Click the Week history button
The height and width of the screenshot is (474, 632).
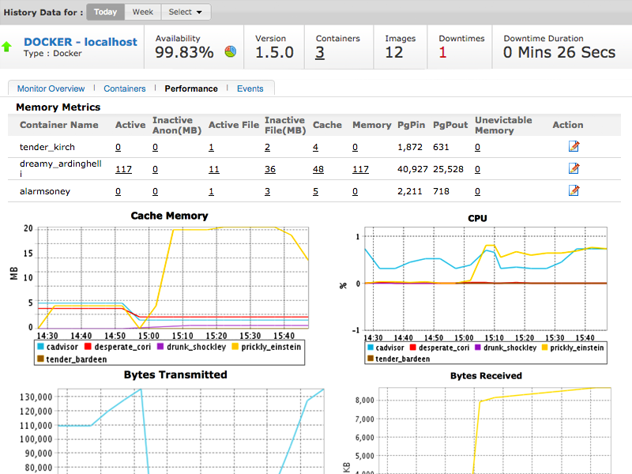(143, 12)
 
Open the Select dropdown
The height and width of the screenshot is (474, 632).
(186, 12)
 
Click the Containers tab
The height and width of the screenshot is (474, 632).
(125, 88)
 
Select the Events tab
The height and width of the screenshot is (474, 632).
(250, 88)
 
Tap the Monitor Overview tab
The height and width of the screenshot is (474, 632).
(51, 88)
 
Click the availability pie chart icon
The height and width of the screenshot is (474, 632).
(231, 51)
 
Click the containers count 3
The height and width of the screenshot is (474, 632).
(320, 52)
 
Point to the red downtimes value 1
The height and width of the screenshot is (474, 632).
(442, 52)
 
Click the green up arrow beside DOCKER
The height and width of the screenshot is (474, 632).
(6, 47)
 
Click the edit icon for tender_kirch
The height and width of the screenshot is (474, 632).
(574, 146)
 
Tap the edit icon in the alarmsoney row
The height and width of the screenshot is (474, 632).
(574, 190)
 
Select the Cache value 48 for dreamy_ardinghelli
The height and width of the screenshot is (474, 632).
(318, 169)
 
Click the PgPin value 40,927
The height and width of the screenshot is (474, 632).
(412, 169)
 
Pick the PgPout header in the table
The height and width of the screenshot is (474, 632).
(450, 125)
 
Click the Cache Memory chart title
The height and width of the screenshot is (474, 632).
(169, 216)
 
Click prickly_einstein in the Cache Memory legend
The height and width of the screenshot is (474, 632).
(266, 347)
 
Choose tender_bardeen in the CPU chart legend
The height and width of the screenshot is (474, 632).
(398, 359)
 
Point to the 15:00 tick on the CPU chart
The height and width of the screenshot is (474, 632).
(464, 338)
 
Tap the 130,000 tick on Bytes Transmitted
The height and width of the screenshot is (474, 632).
(36, 397)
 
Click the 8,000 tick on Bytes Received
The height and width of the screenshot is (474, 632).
(365, 400)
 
